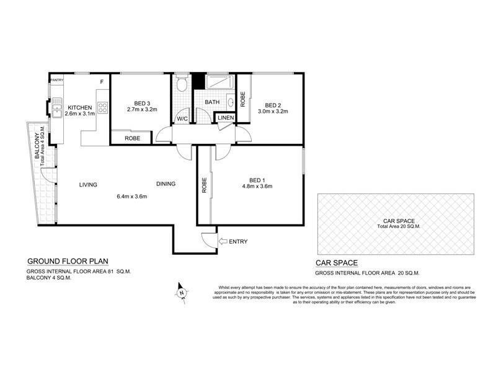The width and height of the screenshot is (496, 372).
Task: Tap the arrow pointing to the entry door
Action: [223, 241]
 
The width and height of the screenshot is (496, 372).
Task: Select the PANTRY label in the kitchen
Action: [57, 80]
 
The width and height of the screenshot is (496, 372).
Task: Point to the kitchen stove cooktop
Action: [102, 106]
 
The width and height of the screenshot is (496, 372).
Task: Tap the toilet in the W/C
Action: [182, 84]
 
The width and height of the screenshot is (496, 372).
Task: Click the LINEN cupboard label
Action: [224, 118]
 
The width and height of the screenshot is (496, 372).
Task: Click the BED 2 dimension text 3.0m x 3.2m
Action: [273, 112]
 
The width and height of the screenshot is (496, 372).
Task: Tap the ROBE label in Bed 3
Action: [132, 138]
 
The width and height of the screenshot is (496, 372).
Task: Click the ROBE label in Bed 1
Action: [203, 185]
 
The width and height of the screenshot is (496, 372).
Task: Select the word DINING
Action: [166, 184]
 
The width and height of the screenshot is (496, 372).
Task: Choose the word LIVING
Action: [90, 184]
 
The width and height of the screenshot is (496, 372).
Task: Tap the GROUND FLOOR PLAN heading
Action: [65, 261]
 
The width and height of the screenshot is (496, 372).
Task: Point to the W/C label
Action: [182, 118]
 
